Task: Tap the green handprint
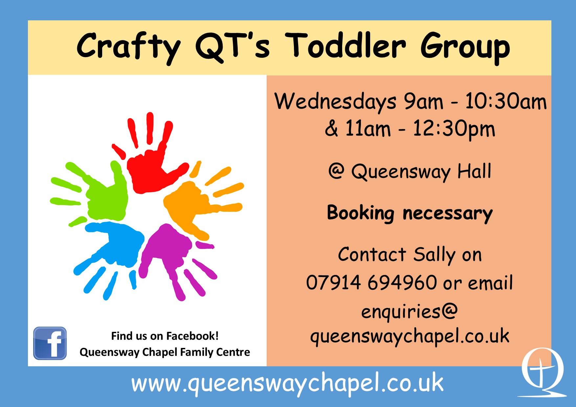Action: tap(105, 197)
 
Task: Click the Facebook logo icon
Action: tap(50, 343)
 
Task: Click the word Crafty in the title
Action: tap(128, 47)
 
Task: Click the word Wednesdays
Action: tap(335, 101)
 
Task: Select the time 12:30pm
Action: tap(454, 129)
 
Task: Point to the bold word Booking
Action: tap(360, 213)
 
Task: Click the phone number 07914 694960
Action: tap(371, 283)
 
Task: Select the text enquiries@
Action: tap(409, 311)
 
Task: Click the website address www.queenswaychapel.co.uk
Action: tap(287, 383)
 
